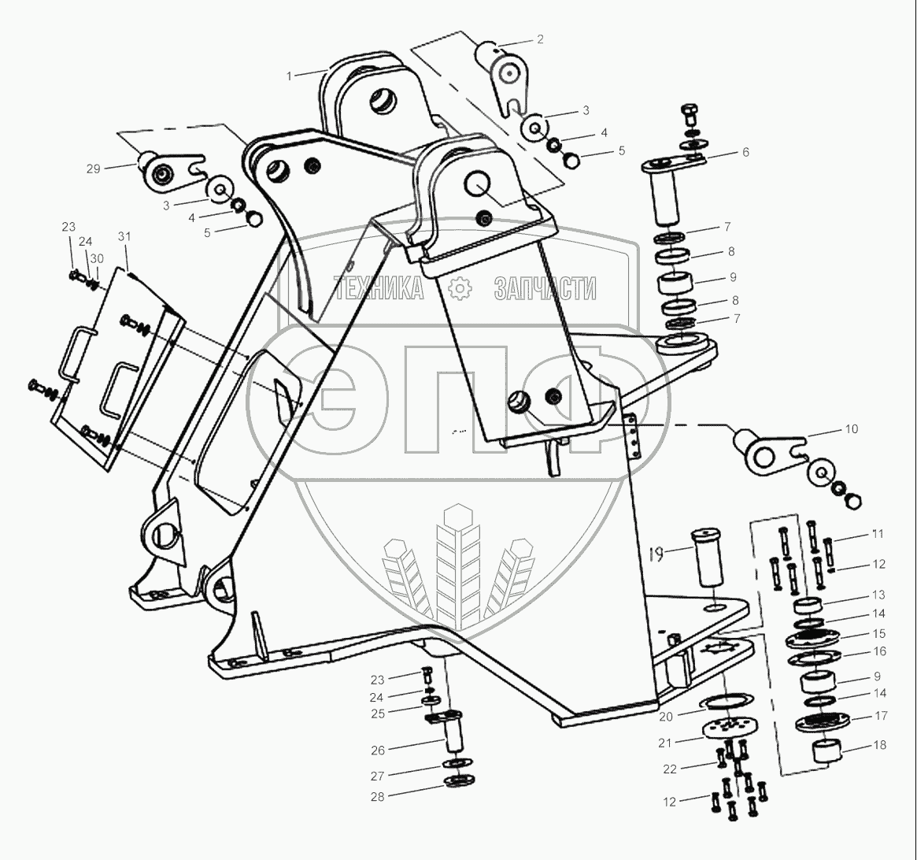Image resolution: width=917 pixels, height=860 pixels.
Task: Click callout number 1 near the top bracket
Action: coord(290,76)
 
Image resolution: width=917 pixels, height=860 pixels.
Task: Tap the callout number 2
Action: coord(540,39)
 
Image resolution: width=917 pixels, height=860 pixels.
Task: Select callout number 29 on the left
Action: coord(94,169)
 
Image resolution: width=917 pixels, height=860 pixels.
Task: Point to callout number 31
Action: coord(124,237)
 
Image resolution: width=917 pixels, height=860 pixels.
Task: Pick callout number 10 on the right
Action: coord(852,430)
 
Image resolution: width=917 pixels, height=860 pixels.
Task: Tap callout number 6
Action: coord(745,153)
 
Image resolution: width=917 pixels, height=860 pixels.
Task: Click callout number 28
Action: coord(377,796)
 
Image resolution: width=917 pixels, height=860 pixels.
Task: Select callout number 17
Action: coord(881,716)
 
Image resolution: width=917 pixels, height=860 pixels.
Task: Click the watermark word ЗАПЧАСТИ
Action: coord(545,289)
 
